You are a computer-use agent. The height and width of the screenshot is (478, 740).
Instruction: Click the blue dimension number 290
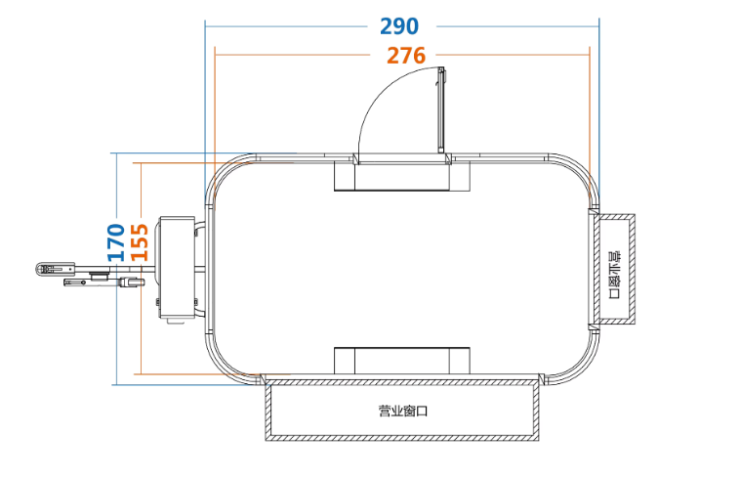pos(399,26)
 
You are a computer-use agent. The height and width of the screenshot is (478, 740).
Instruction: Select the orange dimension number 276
pos(406,56)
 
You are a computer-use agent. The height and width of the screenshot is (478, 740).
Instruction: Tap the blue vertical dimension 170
pos(116,242)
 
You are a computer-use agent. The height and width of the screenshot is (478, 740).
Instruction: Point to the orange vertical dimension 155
pos(140,242)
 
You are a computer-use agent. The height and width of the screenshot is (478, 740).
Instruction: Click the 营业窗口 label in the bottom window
pos(403,411)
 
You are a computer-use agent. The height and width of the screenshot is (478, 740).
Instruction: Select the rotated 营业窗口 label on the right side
pos(614,275)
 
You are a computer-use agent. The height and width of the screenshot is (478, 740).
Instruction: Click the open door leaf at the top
pos(441,110)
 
